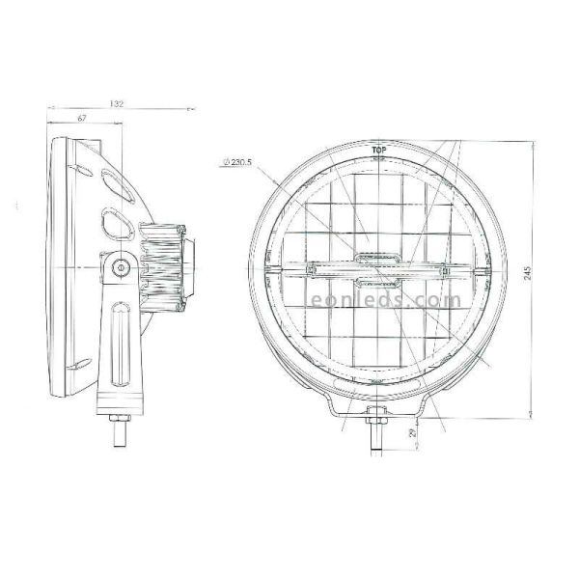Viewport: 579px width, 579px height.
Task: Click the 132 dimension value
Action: coord(117,102)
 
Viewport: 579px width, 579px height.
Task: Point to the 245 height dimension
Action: coord(527,273)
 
